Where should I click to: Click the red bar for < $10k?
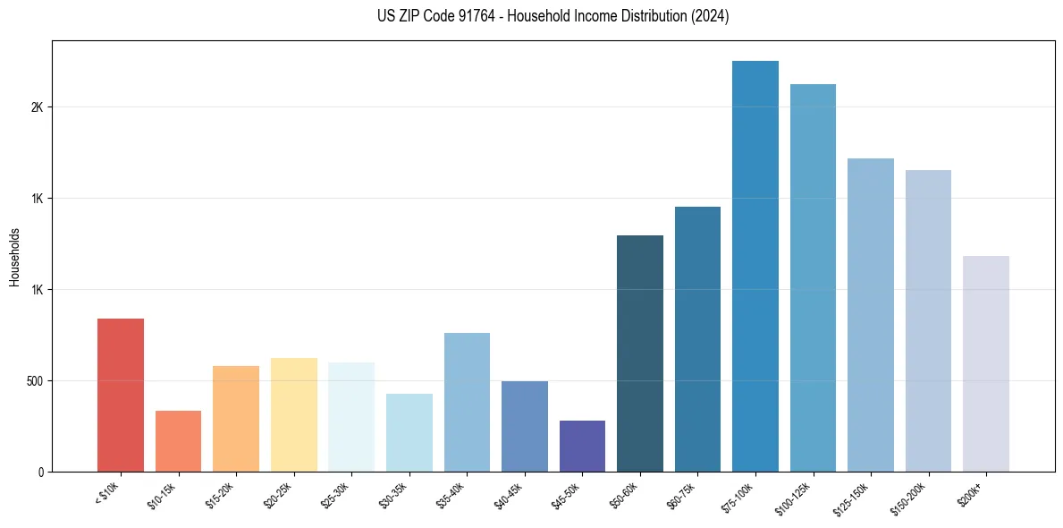point(120,395)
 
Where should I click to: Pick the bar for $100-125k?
point(813,277)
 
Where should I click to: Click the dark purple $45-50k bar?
point(582,446)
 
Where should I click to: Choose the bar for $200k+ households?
point(986,363)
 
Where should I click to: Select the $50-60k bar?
point(640,353)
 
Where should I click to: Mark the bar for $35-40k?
point(467,402)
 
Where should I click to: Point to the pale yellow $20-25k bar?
point(294,414)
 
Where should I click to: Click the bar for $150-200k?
point(928,320)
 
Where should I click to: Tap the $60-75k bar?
point(697,339)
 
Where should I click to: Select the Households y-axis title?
point(14,256)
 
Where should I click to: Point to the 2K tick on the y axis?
point(37,107)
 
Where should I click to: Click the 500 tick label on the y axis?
point(34,381)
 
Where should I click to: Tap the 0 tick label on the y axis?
point(40,472)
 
